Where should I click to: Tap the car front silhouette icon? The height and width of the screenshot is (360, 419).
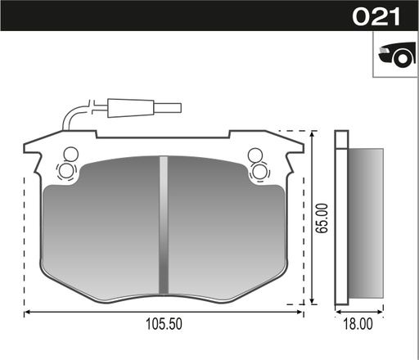point(394,54)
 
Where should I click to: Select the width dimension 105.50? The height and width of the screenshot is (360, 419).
point(164,325)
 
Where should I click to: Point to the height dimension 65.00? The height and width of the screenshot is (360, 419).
point(324,218)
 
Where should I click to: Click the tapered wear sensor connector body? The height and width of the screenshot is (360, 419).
point(131,106)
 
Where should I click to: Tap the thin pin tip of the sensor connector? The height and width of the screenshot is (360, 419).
point(169,106)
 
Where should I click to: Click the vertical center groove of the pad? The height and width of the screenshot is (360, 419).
point(164,225)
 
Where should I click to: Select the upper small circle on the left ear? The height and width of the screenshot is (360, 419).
point(69,153)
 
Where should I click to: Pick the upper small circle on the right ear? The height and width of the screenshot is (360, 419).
point(255,153)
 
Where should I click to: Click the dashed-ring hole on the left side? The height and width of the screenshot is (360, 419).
point(66,170)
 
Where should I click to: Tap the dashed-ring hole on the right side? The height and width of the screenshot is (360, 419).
point(259,170)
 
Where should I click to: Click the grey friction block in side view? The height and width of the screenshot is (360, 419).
point(366,221)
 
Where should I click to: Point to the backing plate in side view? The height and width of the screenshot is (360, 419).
point(342,221)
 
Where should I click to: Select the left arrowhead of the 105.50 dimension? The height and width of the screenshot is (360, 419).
point(29,312)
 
